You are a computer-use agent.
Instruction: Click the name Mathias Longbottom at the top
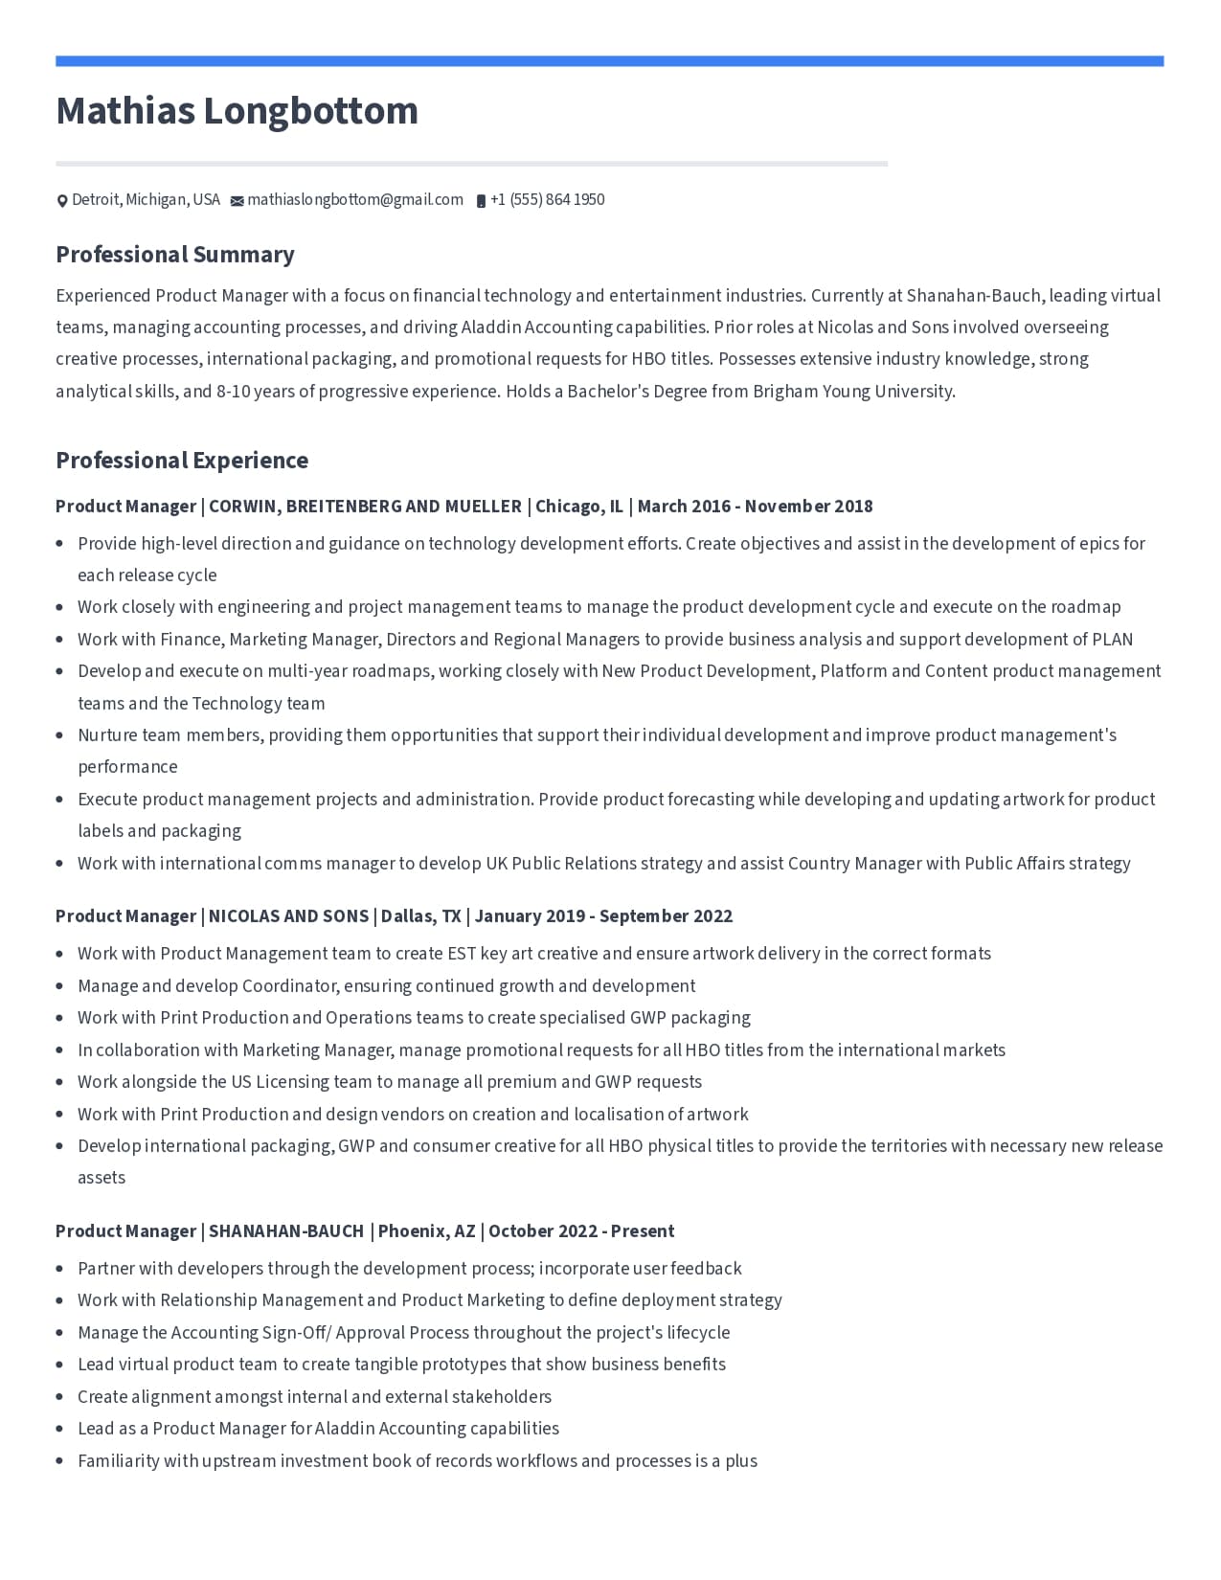tap(237, 111)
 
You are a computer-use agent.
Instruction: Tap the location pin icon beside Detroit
tap(62, 201)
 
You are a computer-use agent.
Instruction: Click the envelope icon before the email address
tap(237, 201)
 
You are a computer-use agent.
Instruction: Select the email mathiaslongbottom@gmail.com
tap(355, 200)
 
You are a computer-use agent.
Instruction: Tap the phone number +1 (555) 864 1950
tap(547, 200)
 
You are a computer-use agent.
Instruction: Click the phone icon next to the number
tap(481, 201)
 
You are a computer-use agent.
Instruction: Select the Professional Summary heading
tap(175, 255)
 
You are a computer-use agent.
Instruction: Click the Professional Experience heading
tap(182, 461)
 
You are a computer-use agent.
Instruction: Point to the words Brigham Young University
tap(853, 392)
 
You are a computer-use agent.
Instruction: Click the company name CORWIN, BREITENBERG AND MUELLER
tap(365, 507)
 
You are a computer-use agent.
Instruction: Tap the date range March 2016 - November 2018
tap(755, 507)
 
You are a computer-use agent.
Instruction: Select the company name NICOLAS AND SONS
tap(288, 916)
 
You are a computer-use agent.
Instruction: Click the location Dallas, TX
tap(420, 916)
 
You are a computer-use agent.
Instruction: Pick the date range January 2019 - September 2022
tap(603, 916)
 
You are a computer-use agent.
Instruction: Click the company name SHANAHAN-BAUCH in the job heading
tap(286, 1231)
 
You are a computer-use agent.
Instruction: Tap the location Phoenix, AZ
tap(426, 1231)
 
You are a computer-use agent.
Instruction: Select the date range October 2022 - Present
tap(581, 1231)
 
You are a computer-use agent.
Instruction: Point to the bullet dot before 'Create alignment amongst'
tap(59, 1397)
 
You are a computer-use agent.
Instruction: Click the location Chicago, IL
tap(578, 507)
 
